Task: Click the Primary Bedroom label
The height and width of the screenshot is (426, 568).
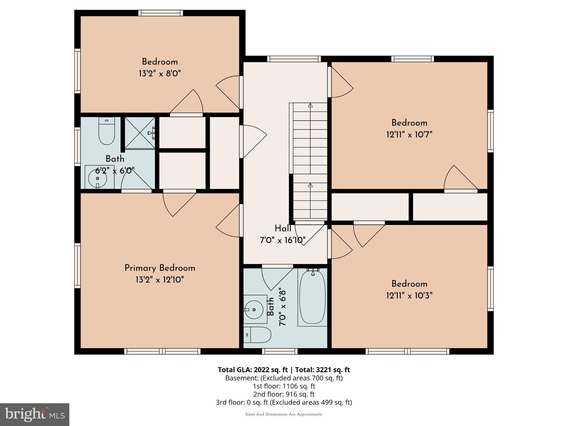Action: tap(160, 268)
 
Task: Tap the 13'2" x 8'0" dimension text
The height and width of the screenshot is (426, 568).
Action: tap(160, 74)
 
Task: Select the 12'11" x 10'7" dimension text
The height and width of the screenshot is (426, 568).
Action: tap(409, 135)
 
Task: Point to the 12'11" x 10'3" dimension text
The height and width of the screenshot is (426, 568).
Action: tap(409, 296)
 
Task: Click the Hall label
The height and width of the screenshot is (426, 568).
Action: tap(283, 229)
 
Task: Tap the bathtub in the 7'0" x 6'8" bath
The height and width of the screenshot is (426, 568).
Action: tap(312, 297)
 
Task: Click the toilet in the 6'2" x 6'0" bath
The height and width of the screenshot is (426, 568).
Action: tap(107, 131)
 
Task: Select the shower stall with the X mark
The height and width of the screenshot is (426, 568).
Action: tap(140, 133)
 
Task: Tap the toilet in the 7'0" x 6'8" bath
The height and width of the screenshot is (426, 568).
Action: tap(258, 335)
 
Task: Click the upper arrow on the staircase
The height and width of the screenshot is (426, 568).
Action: tap(310, 105)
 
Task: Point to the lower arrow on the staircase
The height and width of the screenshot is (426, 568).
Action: tap(310, 185)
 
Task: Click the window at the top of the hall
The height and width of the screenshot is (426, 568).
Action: tap(294, 59)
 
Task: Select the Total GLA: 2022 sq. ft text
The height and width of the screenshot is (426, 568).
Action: tap(253, 370)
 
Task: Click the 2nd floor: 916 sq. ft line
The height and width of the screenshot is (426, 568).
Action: tap(284, 394)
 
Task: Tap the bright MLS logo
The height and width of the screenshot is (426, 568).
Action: tap(35, 414)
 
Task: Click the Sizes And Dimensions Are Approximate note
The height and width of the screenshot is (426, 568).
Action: tap(284, 414)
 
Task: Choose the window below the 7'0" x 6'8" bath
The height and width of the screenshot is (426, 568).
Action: tap(280, 351)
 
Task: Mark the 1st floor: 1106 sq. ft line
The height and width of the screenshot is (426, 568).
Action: tap(284, 386)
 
